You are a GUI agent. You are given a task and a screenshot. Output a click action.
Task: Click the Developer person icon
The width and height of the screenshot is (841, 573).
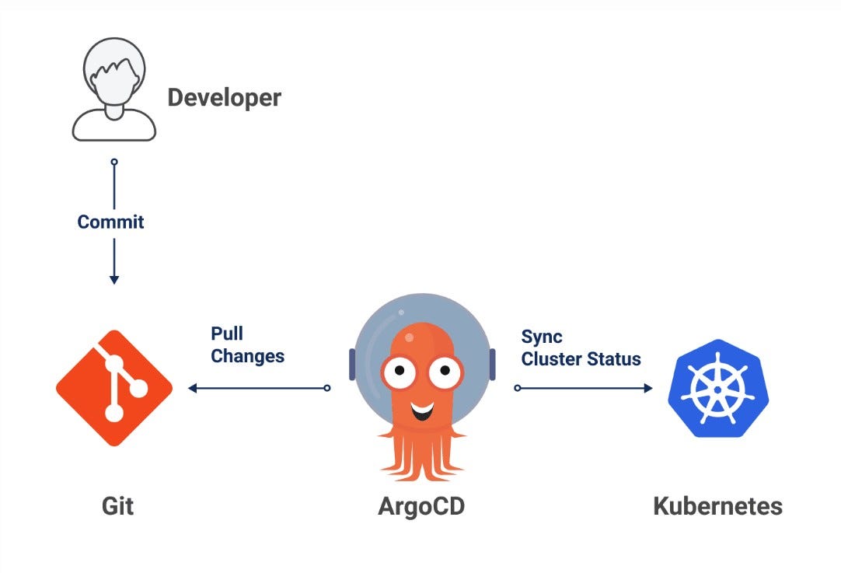(113, 93)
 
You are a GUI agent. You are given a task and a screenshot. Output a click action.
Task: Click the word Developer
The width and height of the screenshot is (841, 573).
(224, 98)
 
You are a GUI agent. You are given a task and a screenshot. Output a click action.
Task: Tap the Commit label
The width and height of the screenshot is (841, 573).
(111, 222)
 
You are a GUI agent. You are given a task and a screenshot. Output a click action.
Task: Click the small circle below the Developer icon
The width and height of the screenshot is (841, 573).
(114, 162)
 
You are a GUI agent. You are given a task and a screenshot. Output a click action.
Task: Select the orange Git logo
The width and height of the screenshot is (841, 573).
(114, 387)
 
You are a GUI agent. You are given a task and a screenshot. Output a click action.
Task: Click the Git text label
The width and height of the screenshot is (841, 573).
(117, 506)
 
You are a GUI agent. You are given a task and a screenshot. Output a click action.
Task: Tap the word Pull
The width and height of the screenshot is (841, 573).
(227, 334)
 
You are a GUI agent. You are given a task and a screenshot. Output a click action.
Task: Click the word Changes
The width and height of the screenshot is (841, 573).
(247, 356)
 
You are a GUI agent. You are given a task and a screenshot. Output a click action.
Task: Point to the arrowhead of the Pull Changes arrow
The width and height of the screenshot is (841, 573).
(192, 387)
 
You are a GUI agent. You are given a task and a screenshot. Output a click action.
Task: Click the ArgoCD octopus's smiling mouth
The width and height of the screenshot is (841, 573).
(421, 409)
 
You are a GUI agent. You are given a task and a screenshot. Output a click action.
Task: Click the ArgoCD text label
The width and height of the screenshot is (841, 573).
(421, 506)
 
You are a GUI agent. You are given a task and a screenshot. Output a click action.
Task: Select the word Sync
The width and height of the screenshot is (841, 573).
(542, 337)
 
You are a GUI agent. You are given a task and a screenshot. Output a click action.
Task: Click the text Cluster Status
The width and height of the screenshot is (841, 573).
(581, 359)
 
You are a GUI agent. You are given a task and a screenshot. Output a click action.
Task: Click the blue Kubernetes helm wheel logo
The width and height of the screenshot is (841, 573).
(717, 387)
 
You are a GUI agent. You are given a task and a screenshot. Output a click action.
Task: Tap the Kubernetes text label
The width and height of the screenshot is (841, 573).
(717, 506)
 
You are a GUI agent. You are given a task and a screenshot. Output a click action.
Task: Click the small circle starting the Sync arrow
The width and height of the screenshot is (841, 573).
(518, 387)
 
